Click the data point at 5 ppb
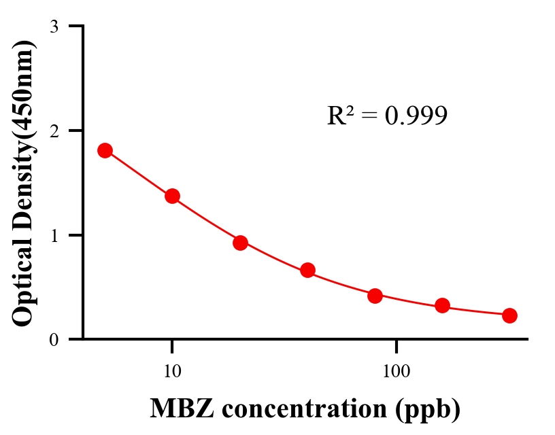click(105, 150)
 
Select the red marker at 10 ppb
click(172, 196)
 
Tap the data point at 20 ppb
click(240, 243)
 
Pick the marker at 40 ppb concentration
click(307, 270)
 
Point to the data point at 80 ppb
click(375, 296)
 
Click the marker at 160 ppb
click(442, 305)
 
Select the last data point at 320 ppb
click(509, 315)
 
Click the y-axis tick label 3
click(54, 27)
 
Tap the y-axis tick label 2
click(54, 131)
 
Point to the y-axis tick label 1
click(54, 236)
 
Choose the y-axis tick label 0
click(54, 340)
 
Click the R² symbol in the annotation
click(340, 116)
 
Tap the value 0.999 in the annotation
click(416, 116)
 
